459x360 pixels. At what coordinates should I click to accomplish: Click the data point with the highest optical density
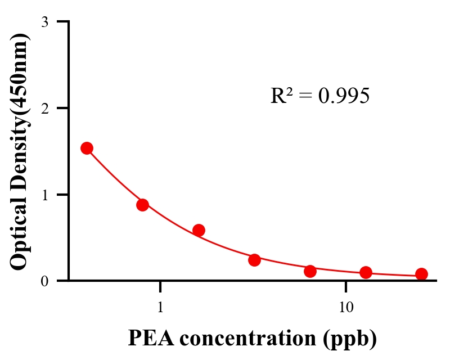click(x=87, y=148)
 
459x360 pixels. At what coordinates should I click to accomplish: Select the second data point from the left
click(x=142, y=205)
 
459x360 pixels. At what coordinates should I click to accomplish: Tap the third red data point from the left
click(x=199, y=230)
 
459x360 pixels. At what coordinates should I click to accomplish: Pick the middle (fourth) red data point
click(x=254, y=260)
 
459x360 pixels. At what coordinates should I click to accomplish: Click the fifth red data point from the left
click(x=310, y=271)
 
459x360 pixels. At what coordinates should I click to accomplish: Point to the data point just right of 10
click(x=366, y=273)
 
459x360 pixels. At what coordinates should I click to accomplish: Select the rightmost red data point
click(x=421, y=274)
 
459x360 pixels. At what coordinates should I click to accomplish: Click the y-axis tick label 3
click(x=44, y=22)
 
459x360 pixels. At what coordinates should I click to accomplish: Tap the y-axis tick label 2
click(x=44, y=108)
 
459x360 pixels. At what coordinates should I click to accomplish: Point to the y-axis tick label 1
click(x=44, y=195)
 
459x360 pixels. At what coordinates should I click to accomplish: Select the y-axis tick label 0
click(x=44, y=281)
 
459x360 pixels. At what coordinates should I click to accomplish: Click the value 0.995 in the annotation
click(x=344, y=96)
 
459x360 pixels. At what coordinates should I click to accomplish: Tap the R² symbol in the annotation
click(x=281, y=96)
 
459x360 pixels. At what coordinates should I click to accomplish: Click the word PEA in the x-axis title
click(x=148, y=339)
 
